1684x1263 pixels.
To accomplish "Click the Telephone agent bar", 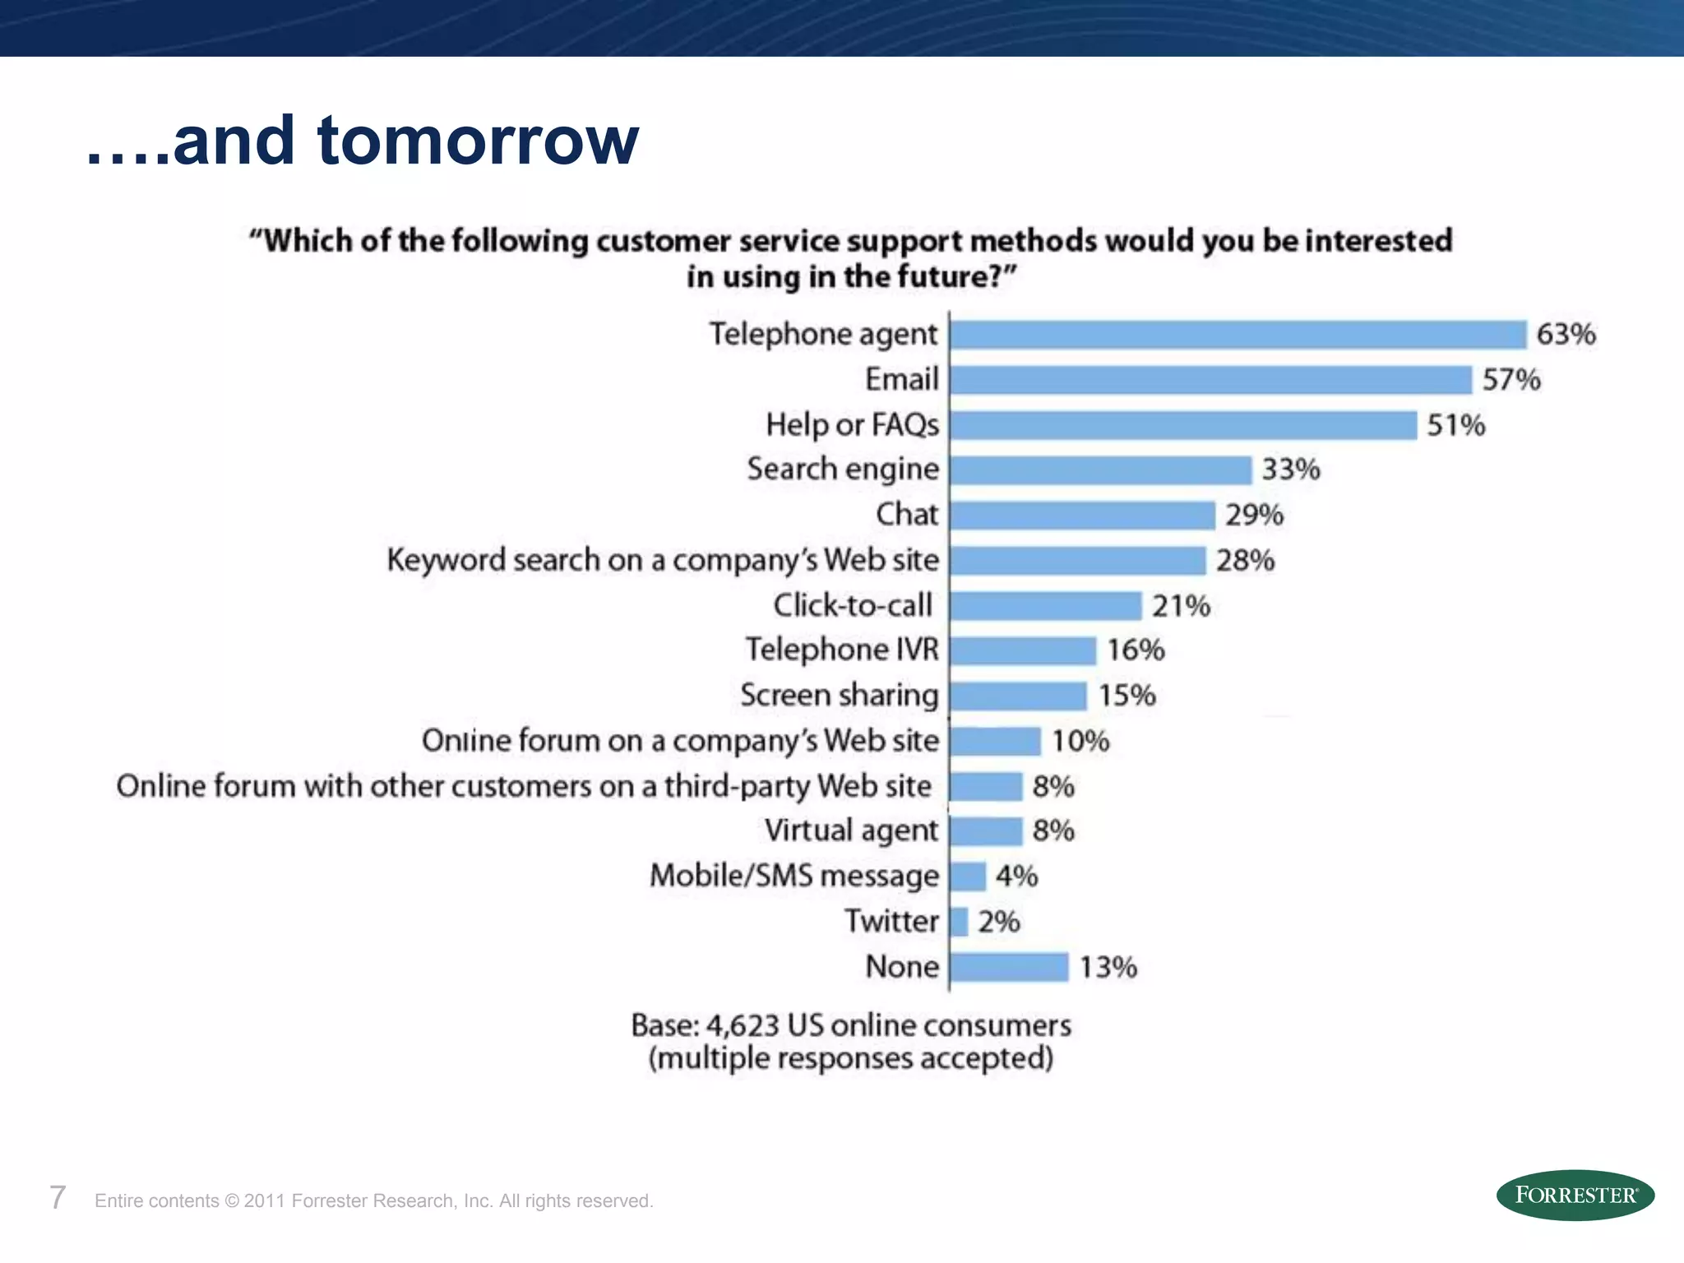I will [1238, 335].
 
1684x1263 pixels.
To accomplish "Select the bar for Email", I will [1210, 380].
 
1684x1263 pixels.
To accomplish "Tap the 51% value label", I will [1455, 425].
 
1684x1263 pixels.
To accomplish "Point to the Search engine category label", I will [842, 470].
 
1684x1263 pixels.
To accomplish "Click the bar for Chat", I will [1082, 516].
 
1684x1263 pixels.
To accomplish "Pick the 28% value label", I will [1245, 561].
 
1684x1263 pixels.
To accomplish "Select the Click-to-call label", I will [852, 606].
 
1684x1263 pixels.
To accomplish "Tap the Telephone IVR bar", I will [1023, 650].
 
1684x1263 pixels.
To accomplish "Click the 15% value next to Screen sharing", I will [1127, 696].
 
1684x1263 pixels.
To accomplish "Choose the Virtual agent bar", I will [986, 831].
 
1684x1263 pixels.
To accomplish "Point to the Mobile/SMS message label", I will [793, 877].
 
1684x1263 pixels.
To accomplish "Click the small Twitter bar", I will [959, 922].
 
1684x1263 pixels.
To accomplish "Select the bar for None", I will [1009, 967].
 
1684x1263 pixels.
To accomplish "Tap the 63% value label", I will [1566, 335].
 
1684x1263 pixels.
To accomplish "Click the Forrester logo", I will [1575, 1195].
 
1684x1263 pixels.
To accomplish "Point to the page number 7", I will [58, 1198].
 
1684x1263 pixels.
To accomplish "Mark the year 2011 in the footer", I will [264, 1201].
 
